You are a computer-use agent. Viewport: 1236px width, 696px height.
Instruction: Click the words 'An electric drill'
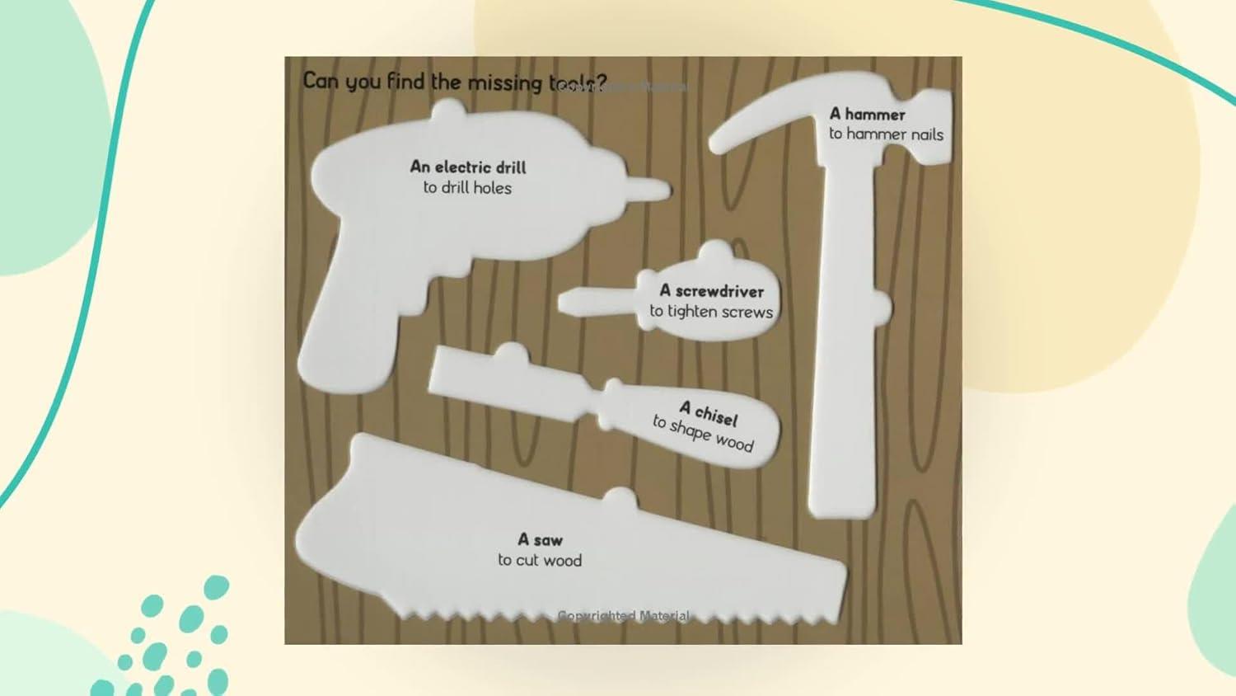467,167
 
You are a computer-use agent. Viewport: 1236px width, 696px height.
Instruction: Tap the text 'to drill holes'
467,188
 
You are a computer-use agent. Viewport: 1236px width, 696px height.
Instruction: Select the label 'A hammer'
867,114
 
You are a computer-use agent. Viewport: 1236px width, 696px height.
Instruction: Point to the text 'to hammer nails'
886,134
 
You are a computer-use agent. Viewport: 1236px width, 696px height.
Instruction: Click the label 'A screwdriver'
711,291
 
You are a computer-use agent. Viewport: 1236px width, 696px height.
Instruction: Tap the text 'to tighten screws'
711,312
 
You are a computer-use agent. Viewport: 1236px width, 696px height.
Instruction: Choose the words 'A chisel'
709,411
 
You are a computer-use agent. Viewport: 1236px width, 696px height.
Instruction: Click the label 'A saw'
540,540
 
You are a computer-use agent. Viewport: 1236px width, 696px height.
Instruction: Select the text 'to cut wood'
540,561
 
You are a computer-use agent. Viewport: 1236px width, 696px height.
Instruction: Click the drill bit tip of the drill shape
655,190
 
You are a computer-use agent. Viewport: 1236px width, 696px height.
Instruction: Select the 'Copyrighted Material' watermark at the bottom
623,616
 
